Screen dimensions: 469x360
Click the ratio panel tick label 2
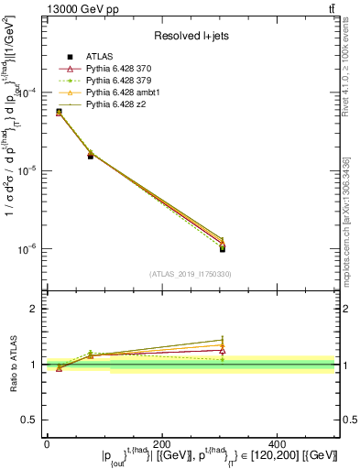[x=34, y=309]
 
